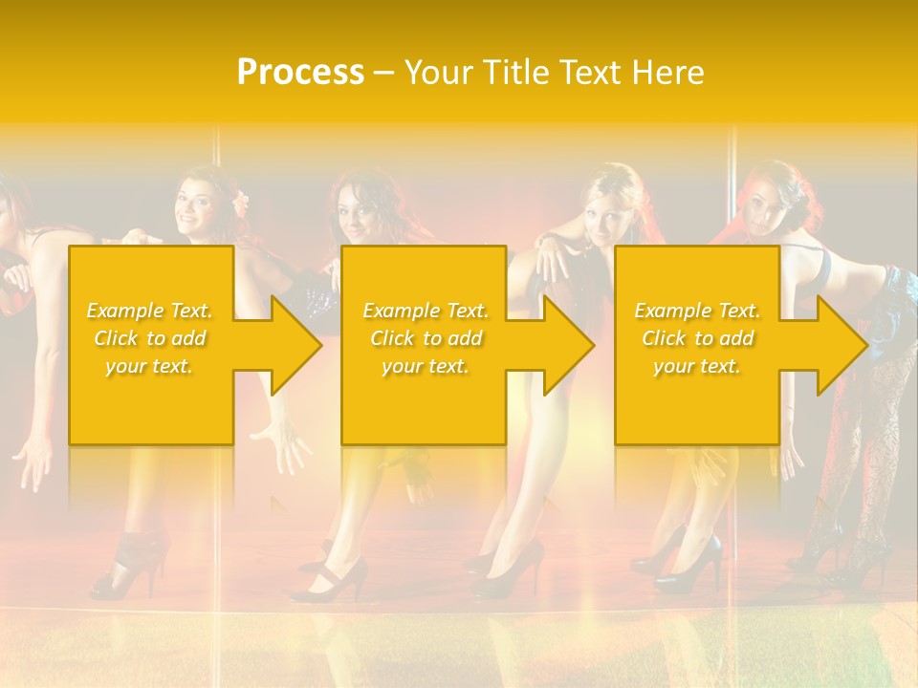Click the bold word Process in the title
pyautogui.click(x=300, y=73)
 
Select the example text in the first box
pyautogui.click(x=150, y=338)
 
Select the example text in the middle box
pyautogui.click(x=426, y=338)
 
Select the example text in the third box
pyautogui.click(x=697, y=338)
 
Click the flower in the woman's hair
pyautogui.click(x=241, y=200)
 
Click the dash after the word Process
pyautogui.click(x=383, y=74)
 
